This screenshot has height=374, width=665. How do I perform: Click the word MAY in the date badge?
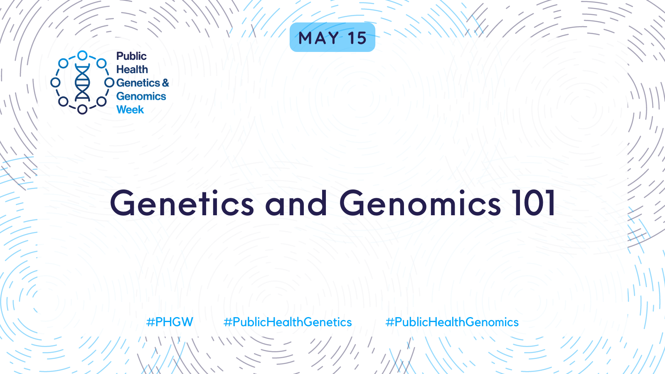318,38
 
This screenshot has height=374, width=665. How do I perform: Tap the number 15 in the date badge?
357,38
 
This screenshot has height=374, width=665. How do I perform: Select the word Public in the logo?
131,57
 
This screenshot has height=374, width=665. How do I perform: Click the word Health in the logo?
132,69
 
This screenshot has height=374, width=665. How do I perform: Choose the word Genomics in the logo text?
141,96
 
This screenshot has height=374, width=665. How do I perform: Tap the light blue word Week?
130,110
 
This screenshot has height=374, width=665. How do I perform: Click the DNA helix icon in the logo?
82,82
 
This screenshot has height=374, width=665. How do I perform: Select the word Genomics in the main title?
420,203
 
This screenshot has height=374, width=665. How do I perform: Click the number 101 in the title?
533,203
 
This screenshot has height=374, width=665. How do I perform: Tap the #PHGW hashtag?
170,322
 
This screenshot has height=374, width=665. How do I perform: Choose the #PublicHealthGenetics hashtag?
288,322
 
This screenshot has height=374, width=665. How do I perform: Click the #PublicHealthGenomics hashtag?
452,322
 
